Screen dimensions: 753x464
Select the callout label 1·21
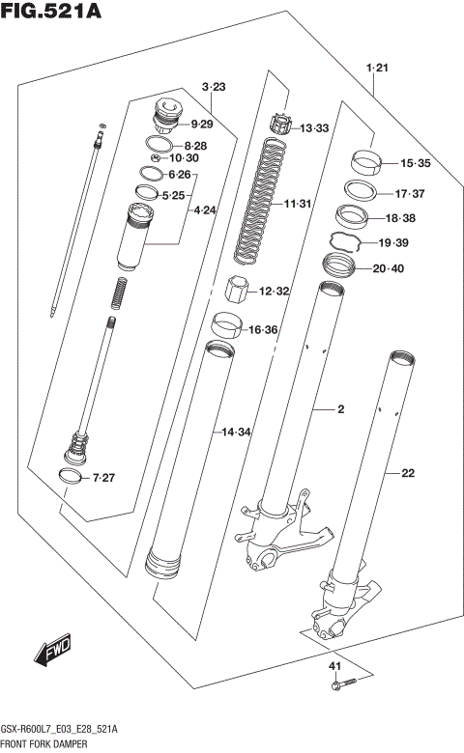(376, 67)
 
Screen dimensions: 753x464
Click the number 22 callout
(407, 473)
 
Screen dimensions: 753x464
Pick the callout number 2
(340, 410)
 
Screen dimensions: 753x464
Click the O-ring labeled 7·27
(71, 477)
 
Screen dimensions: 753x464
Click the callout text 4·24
(204, 209)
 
